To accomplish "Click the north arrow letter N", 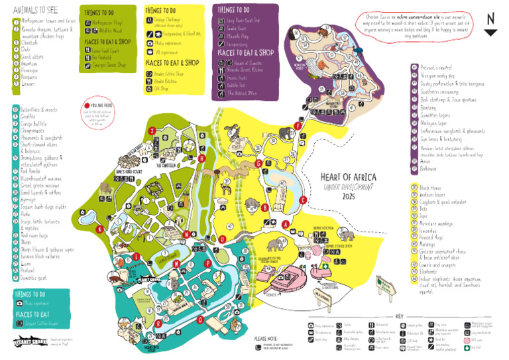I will [x=490, y=19].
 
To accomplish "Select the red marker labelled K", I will [x=100, y=229].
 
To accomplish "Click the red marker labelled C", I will [x=303, y=200].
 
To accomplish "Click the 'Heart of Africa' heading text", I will [x=348, y=177].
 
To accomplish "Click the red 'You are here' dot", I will [x=87, y=105].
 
